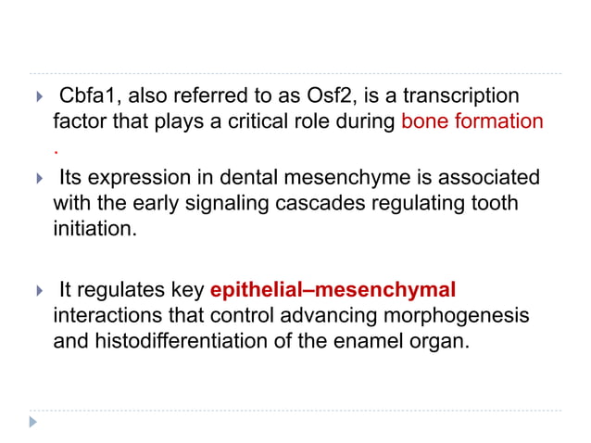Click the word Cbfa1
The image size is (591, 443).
pos(84,96)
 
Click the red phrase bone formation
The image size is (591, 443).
pos(472,121)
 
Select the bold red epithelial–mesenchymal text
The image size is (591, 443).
pos(333,291)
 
